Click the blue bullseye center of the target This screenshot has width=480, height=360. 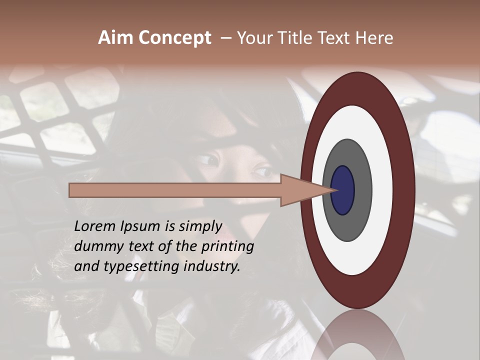[x=343, y=190]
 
